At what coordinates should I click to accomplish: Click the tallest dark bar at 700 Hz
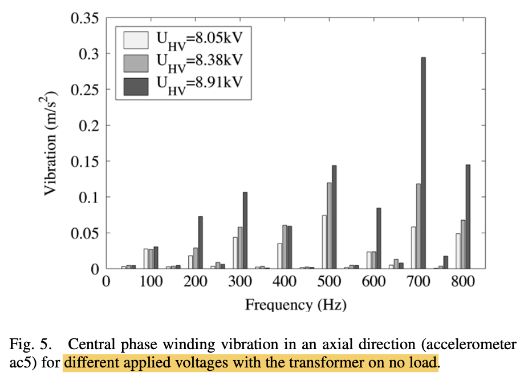[423, 163]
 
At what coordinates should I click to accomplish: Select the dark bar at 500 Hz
[334, 217]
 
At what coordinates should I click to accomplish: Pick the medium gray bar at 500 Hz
[329, 225]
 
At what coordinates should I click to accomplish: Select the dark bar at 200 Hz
[200, 242]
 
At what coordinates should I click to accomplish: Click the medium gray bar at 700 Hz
[418, 226]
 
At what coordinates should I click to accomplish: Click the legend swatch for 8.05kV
[135, 40]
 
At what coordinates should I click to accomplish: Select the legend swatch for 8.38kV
[135, 62]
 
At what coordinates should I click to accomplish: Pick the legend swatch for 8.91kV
[135, 84]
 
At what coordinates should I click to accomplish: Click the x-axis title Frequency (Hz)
[296, 305]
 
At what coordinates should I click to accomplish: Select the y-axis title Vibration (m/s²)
[51, 143]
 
